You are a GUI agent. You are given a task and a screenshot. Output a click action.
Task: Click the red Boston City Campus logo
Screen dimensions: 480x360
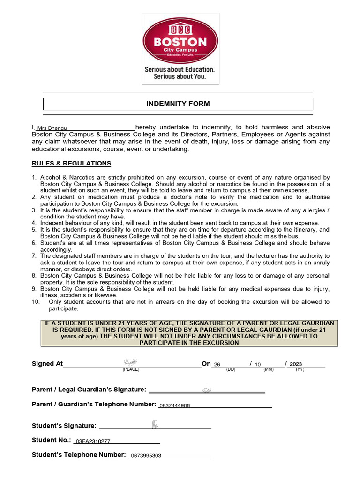[x=180, y=40]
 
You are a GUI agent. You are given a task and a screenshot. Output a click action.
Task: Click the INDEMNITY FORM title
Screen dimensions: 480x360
[x=178, y=104]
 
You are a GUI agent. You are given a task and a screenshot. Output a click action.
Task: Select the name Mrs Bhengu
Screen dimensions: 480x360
[x=52, y=128]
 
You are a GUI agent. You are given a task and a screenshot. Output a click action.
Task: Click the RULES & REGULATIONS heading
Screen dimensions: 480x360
[x=71, y=164]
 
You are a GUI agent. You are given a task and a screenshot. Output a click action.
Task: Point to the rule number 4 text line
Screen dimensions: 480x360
[x=180, y=223]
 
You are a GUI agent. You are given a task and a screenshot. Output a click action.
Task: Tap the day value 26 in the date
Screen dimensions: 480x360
[x=217, y=364]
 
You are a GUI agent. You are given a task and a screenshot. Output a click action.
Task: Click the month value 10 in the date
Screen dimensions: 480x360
[x=257, y=364]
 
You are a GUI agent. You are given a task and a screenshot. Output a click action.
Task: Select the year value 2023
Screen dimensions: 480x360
[x=296, y=364]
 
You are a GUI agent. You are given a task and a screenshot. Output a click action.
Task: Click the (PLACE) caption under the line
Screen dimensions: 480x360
[x=131, y=369]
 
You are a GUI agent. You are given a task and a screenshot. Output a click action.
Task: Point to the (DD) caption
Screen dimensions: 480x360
[x=231, y=369]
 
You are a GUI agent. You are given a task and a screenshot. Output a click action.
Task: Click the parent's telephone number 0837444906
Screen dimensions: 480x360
[x=174, y=405]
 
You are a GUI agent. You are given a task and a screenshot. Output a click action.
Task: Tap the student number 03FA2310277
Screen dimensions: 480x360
[x=93, y=441]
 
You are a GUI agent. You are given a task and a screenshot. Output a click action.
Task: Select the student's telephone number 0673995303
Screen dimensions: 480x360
[x=146, y=456]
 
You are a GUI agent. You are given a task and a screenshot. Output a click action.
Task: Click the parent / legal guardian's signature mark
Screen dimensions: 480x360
[x=207, y=390]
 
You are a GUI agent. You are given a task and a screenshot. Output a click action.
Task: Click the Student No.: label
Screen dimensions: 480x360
[x=51, y=440]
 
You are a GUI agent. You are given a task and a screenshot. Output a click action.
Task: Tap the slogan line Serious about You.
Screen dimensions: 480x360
[x=180, y=76]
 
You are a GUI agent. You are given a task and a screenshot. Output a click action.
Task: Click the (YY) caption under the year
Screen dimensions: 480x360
[x=300, y=369]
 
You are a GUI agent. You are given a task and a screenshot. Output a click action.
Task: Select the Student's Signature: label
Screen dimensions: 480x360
[x=64, y=426]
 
